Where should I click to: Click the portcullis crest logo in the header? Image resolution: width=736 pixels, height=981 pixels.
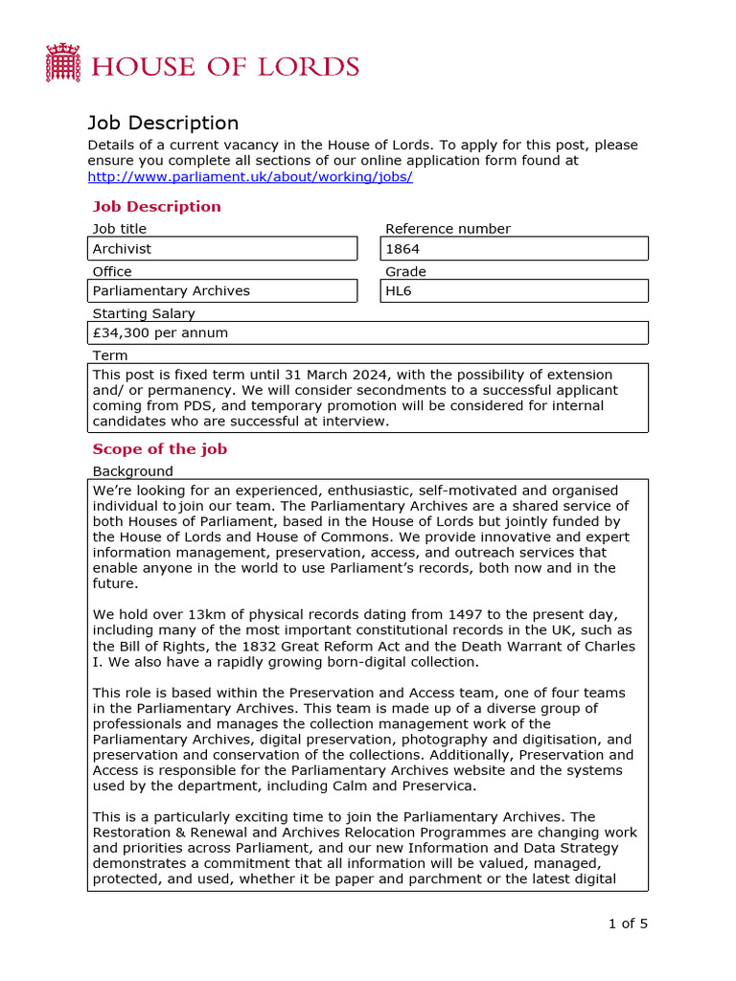pos(62,62)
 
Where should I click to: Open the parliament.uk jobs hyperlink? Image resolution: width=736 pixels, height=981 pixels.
pos(250,177)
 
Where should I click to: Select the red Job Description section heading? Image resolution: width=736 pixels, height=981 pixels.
pos(156,207)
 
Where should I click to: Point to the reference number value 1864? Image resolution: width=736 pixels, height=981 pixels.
pos(402,249)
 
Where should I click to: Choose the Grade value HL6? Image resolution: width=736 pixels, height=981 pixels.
pos(398,291)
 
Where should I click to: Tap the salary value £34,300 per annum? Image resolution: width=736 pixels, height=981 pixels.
pos(160,333)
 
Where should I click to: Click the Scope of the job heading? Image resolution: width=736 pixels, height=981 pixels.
pos(159,449)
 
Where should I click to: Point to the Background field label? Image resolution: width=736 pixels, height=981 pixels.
pos(132,471)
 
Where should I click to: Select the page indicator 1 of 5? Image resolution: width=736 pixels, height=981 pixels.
pos(628,924)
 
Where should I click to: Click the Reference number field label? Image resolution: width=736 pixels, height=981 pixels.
pos(448,229)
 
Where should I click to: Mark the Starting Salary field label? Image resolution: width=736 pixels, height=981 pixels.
pos(143,313)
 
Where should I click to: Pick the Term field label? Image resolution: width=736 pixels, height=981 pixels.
pos(109,355)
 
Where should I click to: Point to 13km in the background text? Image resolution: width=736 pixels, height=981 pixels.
pos(189,614)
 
